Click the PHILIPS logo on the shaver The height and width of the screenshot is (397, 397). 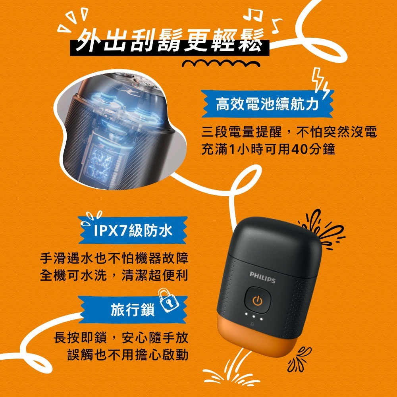click(x=262, y=277)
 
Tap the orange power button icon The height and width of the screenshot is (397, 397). click(x=258, y=301)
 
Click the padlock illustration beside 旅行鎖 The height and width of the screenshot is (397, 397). click(x=168, y=301)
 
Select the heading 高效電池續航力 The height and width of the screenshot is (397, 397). click(x=267, y=104)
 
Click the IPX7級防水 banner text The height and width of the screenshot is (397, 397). click(x=133, y=230)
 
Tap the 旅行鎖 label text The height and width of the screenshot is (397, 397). click(x=133, y=309)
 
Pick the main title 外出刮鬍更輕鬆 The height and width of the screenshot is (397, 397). click(x=170, y=40)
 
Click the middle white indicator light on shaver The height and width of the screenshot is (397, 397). click(x=254, y=317)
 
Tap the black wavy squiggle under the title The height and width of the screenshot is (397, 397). click(x=221, y=63)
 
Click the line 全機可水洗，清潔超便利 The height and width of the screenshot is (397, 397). click(x=114, y=275)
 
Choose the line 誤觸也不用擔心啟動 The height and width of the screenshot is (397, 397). click(x=128, y=354)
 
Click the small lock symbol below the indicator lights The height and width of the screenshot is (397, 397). click(x=252, y=324)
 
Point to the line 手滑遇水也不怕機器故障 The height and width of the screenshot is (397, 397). click(x=114, y=258)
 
